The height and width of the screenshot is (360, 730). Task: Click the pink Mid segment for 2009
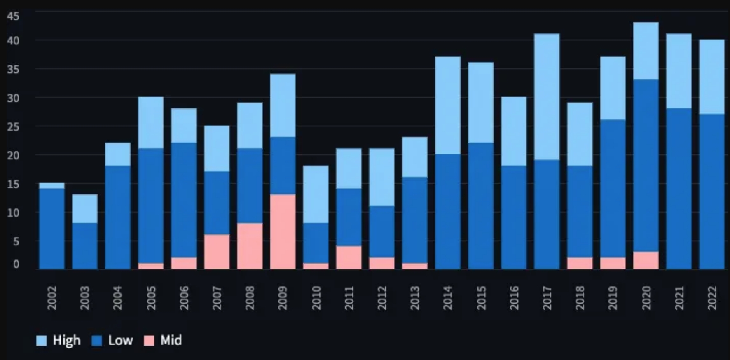point(283,231)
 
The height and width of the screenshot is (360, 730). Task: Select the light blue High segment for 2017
point(547,97)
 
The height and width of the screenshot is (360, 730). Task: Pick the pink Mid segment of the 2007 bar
point(217,252)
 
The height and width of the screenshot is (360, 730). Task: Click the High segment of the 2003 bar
point(85,208)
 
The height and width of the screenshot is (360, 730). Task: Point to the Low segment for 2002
point(52,229)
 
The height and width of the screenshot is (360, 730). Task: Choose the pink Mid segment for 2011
point(349,257)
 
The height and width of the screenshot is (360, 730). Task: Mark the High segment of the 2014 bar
point(448,105)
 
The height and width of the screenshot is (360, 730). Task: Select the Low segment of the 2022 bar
point(711,192)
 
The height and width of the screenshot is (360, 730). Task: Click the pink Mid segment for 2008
point(250,246)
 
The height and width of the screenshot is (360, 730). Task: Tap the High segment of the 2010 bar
point(316,194)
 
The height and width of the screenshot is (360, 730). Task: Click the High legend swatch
point(41,341)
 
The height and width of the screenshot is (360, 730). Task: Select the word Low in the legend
point(120,341)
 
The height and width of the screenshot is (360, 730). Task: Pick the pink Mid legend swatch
point(149,341)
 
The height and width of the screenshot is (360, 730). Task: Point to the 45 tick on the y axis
point(13,16)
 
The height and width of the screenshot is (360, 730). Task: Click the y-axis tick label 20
point(13,155)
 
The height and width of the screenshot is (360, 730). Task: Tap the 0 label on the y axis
point(16,264)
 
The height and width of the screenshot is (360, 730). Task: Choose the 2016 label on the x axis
point(514,298)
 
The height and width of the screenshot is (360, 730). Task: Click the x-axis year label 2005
point(151,298)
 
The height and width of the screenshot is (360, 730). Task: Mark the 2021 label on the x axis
point(679,298)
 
